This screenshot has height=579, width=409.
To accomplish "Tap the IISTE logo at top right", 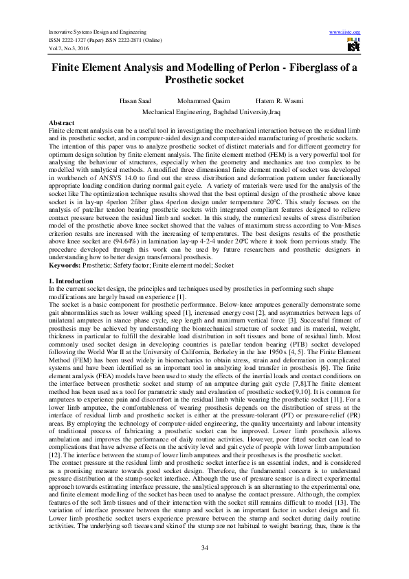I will coord(353,46).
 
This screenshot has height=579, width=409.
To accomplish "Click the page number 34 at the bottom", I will coord(204,547).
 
